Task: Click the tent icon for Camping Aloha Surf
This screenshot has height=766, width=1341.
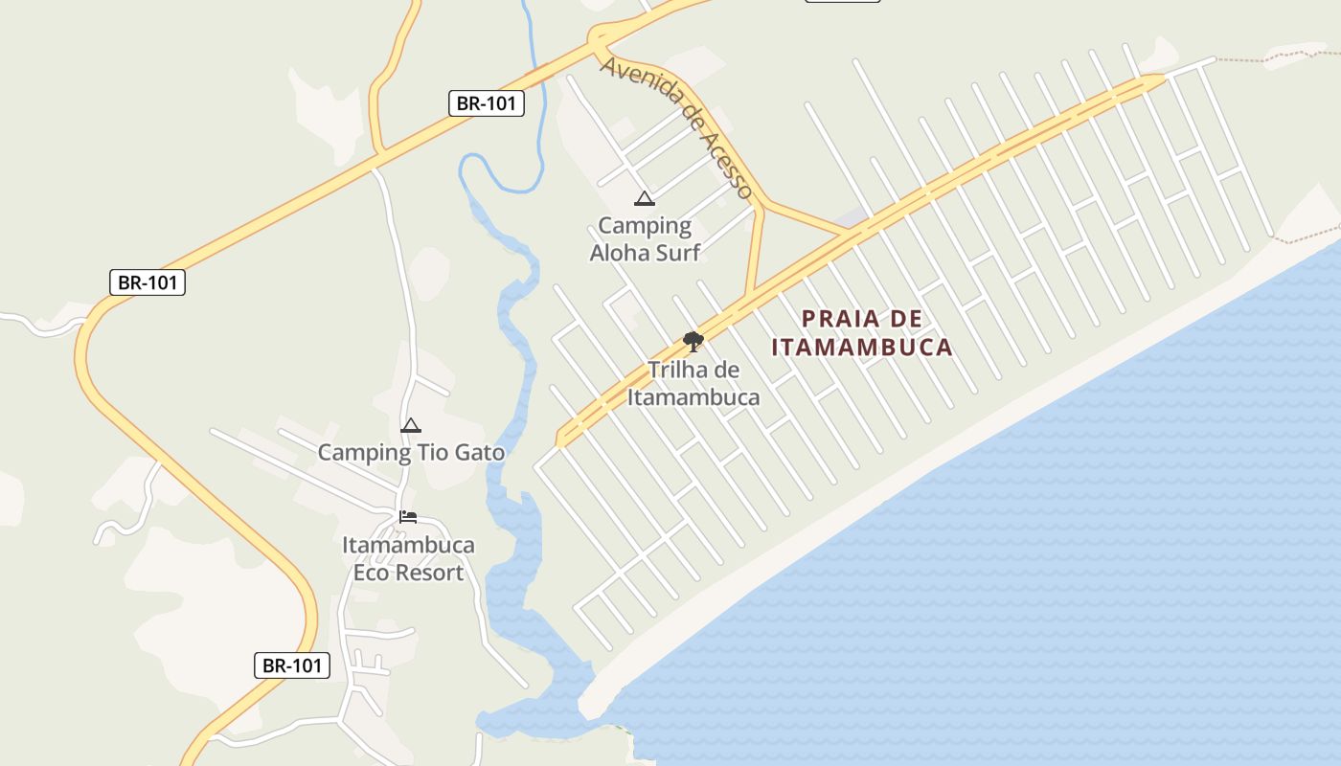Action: (644, 199)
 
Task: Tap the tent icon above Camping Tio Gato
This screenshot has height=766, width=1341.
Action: (411, 425)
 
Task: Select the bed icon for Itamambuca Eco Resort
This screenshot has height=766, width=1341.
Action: (408, 517)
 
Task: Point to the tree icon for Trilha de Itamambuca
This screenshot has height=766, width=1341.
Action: (693, 341)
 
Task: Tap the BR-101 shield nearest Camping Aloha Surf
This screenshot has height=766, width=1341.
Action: (487, 103)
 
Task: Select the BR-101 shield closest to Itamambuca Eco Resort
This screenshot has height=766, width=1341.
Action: (292, 665)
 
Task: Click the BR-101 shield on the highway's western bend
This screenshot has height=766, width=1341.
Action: (147, 282)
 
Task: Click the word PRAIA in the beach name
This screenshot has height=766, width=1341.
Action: (836, 318)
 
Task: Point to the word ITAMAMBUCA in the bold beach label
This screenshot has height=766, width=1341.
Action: (862, 347)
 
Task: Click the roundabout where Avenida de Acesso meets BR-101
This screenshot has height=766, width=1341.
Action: (600, 38)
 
